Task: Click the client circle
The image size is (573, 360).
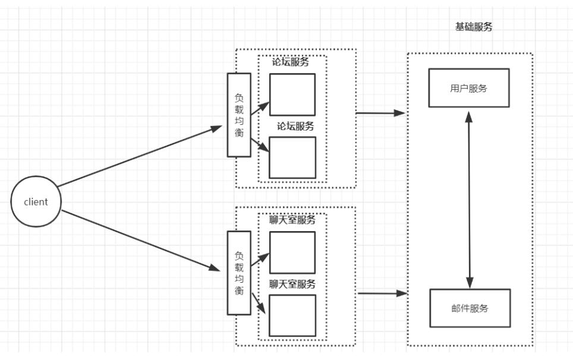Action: pos(36,201)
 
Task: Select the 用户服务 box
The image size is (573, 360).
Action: pos(469,87)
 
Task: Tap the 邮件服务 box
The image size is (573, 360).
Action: pos(469,308)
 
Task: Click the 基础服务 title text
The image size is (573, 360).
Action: pos(474,28)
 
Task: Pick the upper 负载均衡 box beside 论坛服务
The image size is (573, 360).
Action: pos(239,115)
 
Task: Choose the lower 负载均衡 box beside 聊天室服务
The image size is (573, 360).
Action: pos(239,273)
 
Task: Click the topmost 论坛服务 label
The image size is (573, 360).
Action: pos(291,62)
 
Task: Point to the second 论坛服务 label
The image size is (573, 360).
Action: pos(295,126)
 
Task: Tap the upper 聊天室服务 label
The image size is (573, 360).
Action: pos(292,220)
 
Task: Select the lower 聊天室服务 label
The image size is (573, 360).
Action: pos(292,284)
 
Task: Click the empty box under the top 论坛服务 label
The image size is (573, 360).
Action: pos(292,94)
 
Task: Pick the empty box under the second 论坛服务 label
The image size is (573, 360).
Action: pos(292,157)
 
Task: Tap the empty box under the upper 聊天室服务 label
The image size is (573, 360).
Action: pos(292,252)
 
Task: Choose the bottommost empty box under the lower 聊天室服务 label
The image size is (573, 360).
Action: pos(292,315)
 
